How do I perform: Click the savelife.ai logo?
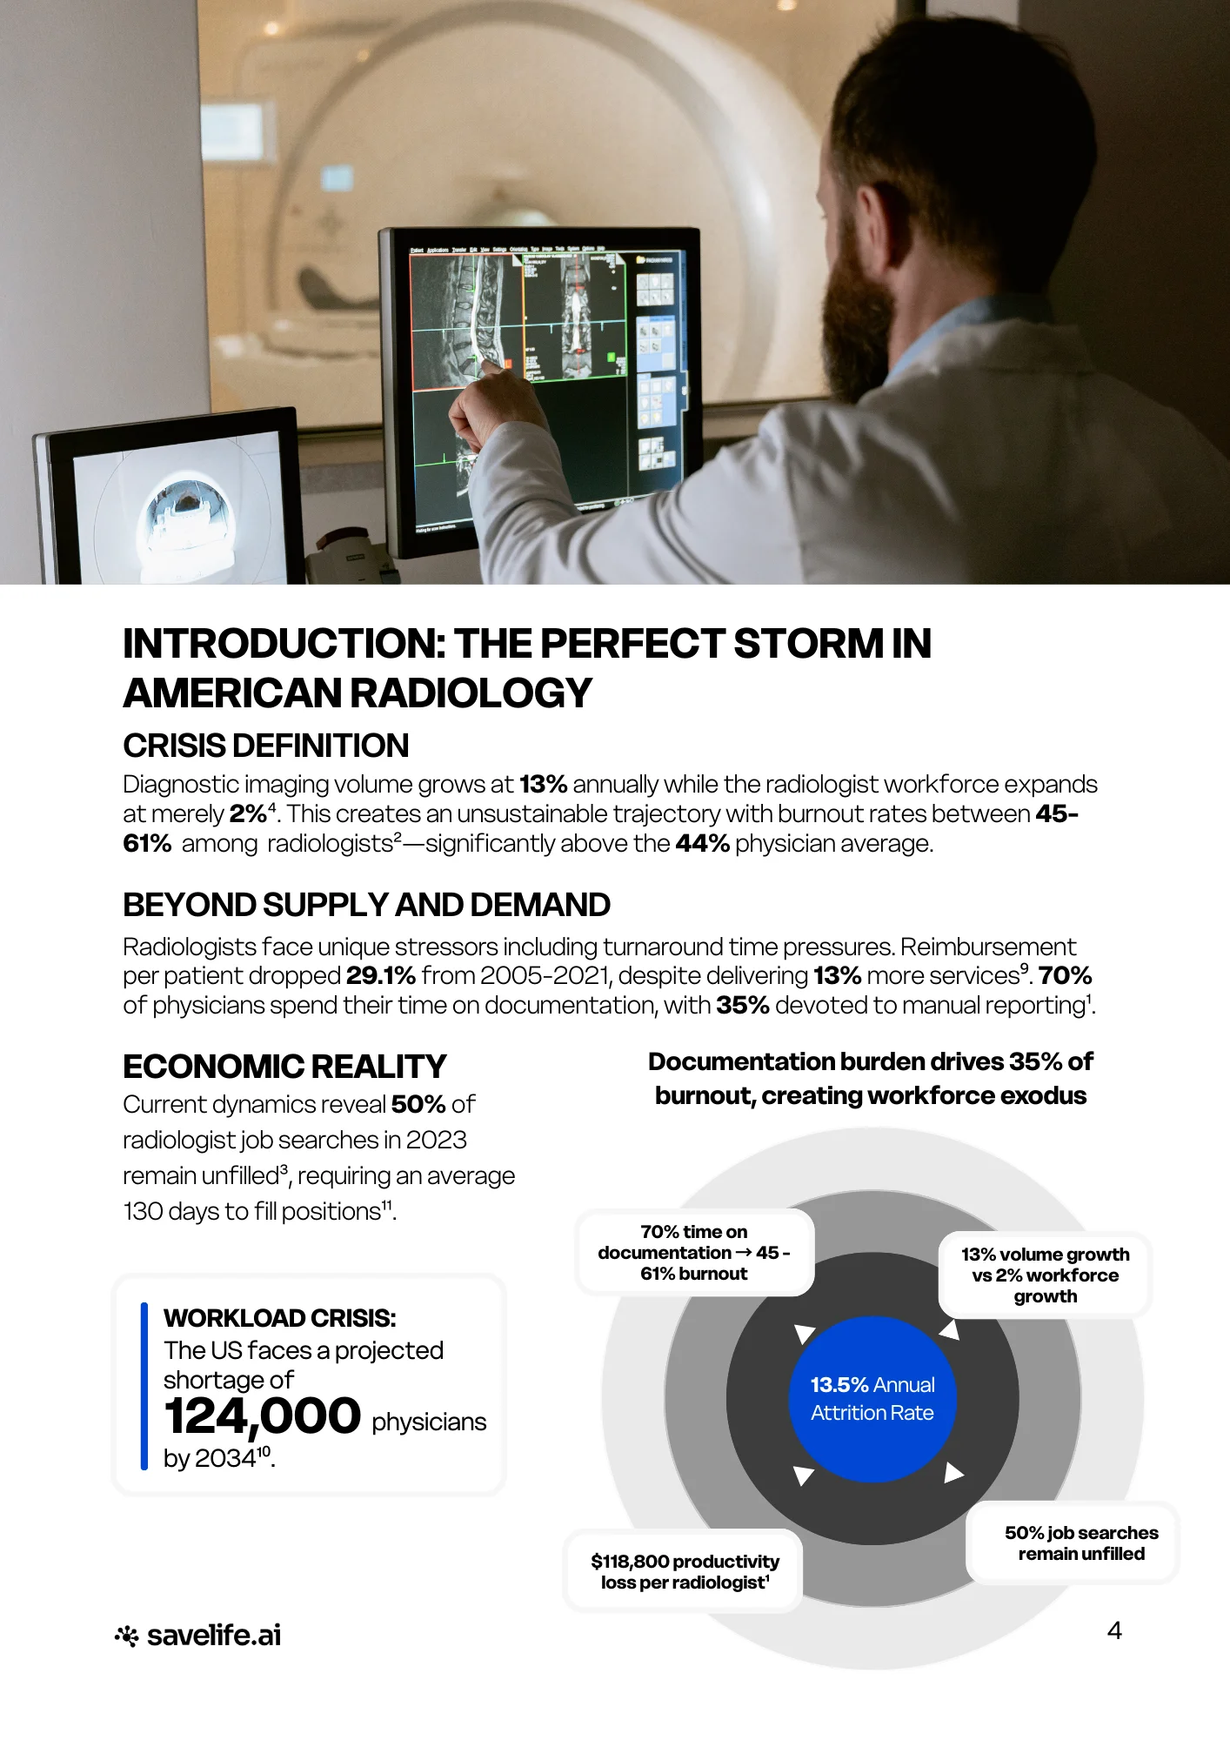click(x=197, y=1636)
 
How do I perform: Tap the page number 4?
click(x=1114, y=1630)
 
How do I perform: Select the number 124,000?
click(x=262, y=1415)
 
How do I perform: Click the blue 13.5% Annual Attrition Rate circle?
click(x=872, y=1399)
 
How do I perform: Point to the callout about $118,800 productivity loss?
click(x=685, y=1571)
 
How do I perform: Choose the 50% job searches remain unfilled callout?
click(x=1081, y=1543)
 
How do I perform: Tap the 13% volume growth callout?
click(x=1045, y=1275)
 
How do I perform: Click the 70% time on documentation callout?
click(x=694, y=1252)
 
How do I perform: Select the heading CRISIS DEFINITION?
click(x=266, y=746)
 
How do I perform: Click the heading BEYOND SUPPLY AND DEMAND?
click(x=366, y=905)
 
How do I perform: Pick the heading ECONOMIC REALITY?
click(x=284, y=1067)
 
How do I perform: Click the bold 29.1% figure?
click(x=381, y=975)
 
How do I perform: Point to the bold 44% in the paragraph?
click(x=702, y=843)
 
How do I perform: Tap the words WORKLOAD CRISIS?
click(x=280, y=1318)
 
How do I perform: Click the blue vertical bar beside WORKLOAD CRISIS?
click(x=144, y=1386)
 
